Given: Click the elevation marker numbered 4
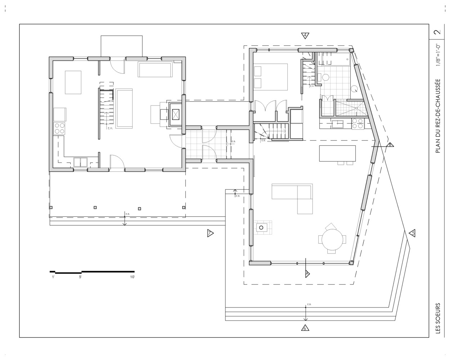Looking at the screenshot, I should pos(305,35).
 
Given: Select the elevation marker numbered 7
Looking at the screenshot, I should pos(210,233).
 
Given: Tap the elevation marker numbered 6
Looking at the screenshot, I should pos(305,328).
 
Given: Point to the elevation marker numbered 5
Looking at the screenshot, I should pos(412,233).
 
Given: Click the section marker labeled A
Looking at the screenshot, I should pos(307,274).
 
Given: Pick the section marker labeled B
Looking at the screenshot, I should pos(390,145).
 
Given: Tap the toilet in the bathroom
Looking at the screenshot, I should pos(326,77).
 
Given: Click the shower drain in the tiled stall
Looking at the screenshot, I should pos(356,108).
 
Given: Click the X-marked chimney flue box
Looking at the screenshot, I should pos(176,114).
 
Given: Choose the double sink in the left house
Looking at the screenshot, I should pos(80,162).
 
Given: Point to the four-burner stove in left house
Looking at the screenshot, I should pos(59,128).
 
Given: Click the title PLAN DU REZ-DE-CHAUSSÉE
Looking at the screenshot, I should pos(438,116).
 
